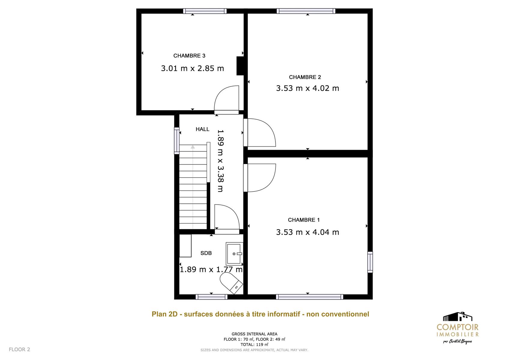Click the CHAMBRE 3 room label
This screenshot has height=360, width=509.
(189, 55)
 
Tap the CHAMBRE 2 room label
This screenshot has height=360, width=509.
(305, 77)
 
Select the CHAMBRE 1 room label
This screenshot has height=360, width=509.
(304, 220)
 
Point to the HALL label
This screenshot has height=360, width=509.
(203, 129)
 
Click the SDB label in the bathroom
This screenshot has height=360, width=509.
(206, 253)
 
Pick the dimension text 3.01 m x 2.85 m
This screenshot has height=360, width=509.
(192, 68)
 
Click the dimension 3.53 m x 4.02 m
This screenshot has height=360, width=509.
(308, 88)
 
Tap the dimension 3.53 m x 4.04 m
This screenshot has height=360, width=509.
(308, 232)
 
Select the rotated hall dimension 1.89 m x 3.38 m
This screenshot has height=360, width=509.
(221, 161)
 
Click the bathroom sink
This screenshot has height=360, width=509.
(234, 254)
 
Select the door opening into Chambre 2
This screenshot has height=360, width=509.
(260, 132)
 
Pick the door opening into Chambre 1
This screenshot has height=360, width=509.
(260, 178)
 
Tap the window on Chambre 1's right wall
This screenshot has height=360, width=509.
(370, 262)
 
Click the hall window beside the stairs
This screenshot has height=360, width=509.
(176, 141)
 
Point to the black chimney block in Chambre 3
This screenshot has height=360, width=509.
(240, 66)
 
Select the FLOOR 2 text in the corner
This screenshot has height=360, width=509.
(19, 349)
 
